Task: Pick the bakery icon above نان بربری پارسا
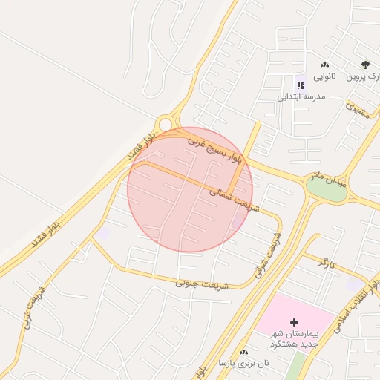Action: tap(243, 351)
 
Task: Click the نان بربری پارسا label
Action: tap(243, 363)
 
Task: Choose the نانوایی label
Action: tap(324, 76)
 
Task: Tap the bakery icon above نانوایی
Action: tap(324, 65)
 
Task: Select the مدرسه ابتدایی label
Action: tap(300, 96)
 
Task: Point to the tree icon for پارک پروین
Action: tap(364, 65)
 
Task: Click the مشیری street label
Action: tap(357, 111)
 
